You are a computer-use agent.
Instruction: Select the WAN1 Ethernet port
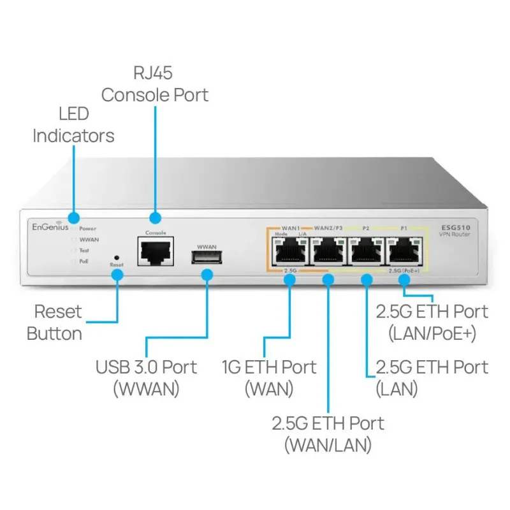click(x=290, y=252)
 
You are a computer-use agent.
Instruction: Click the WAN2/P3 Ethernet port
click(x=328, y=252)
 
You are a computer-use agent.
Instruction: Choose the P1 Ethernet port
click(x=404, y=252)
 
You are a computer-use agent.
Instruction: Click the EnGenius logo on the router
click(x=51, y=227)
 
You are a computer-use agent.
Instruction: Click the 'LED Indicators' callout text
click(x=73, y=125)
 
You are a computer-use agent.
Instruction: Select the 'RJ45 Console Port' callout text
click(x=155, y=85)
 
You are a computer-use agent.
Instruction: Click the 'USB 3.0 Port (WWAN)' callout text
click(x=146, y=377)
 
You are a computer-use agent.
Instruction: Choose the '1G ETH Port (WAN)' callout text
click(x=268, y=377)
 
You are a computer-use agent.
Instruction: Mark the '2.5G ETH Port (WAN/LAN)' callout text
click(x=328, y=433)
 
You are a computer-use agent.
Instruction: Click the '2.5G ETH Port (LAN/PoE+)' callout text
click(x=432, y=322)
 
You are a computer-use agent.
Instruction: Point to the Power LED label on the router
click(x=88, y=228)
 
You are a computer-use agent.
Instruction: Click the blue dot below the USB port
click(x=207, y=275)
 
